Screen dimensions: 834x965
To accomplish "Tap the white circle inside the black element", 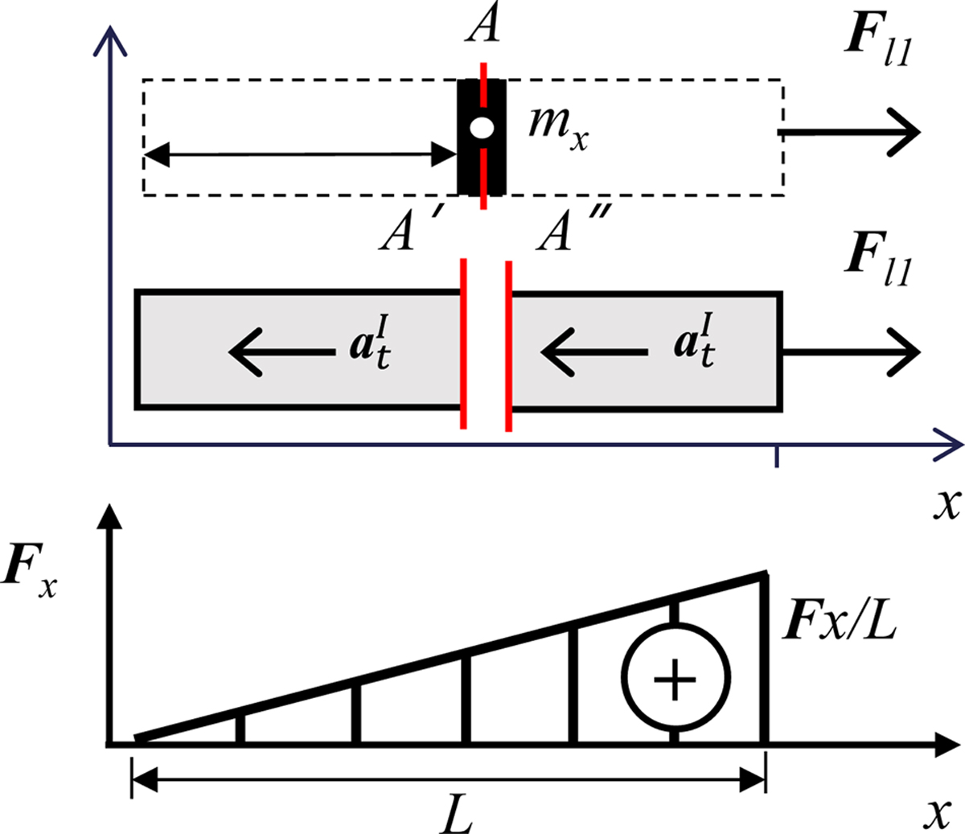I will pyautogui.click(x=482, y=128).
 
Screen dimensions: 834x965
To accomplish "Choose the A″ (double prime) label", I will pyautogui.click(x=568, y=234).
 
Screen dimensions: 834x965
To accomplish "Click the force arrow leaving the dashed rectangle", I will pyautogui.click(x=848, y=131).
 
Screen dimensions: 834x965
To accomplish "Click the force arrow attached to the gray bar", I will pyautogui.click(x=850, y=352).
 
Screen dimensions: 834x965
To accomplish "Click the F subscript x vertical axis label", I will pyautogui.click(x=30, y=573).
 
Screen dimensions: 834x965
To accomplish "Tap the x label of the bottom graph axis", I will pyautogui.click(x=935, y=814).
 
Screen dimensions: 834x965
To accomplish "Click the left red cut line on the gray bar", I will pyautogui.click(x=463, y=344).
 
